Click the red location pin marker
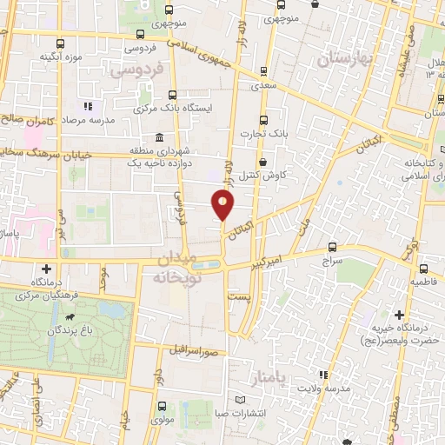224,204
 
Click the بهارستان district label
344,58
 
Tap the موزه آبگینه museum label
59,57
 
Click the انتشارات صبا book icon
242,400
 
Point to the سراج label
333,260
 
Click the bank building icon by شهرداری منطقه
158,137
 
